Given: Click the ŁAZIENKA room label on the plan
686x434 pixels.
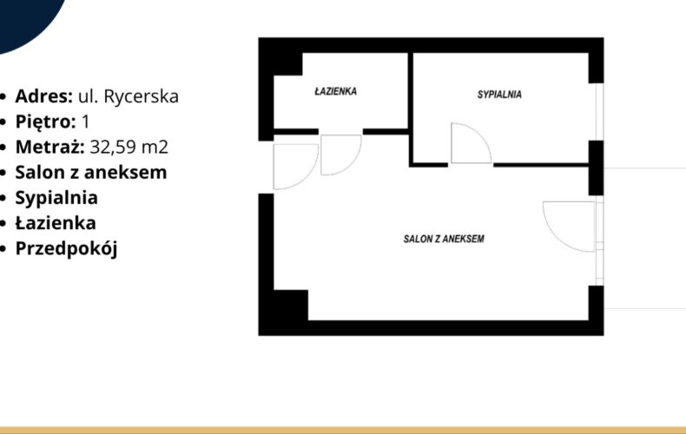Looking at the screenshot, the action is pyautogui.click(x=335, y=91).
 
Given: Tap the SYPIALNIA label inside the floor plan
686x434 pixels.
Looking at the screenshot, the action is pyautogui.click(x=499, y=94).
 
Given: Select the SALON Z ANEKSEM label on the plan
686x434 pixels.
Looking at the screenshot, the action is pyautogui.click(x=444, y=239).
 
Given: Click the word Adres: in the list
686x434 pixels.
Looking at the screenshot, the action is pyautogui.click(x=43, y=96).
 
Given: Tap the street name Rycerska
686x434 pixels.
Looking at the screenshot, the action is pyautogui.click(x=141, y=96).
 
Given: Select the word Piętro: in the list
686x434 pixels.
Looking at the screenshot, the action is pyautogui.click(x=45, y=122).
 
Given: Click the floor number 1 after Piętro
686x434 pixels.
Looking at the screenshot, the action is pyautogui.click(x=86, y=122).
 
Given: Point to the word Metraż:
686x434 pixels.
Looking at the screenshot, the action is pyautogui.click(x=49, y=147).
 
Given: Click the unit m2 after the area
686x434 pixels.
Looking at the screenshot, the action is pyautogui.click(x=155, y=148).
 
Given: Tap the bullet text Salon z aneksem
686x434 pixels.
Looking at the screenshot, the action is pyautogui.click(x=91, y=173).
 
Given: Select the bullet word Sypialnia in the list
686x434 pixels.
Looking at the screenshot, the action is pyautogui.click(x=56, y=198).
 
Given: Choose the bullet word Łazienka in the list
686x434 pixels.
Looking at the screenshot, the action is pyautogui.click(x=56, y=223).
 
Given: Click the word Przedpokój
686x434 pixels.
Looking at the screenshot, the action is pyautogui.click(x=67, y=249).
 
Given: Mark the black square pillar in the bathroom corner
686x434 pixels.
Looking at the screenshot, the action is pyautogui.click(x=288, y=64).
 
